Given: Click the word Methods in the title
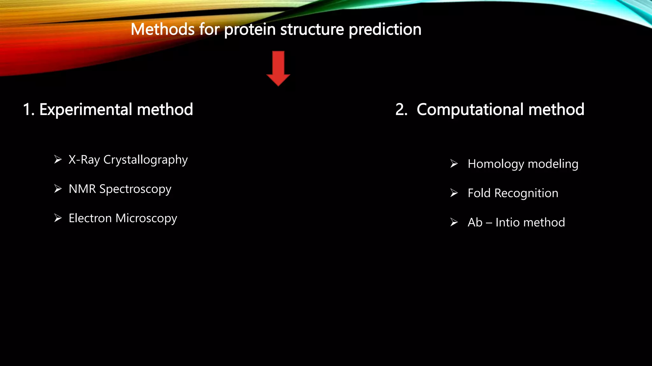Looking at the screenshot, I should [162, 29].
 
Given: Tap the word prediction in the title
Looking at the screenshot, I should [385, 29].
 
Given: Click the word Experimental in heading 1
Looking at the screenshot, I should [86, 110].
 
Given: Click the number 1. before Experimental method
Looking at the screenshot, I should [28, 110].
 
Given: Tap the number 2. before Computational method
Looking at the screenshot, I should [401, 110].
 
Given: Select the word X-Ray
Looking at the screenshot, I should [84, 159].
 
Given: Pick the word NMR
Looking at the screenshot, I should [82, 189].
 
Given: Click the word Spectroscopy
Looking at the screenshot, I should [135, 190].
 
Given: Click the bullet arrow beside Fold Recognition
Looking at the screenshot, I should [454, 193].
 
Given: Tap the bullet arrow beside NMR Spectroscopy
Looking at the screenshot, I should [58, 189].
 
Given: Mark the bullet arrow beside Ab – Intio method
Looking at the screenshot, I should [454, 222].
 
